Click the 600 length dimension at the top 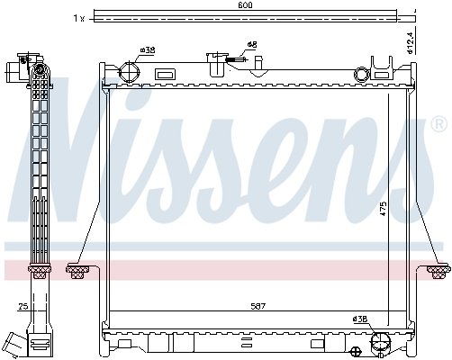pyautogui.click(x=245, y=5)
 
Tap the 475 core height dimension pyautogui.click(x=384, y=209)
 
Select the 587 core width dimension pyautogui.click(x=258, y=306)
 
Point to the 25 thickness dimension pyautogui.click(x=23, y=306)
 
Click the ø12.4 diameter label pyautogui.click(x=411, y=41)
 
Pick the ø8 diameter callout pyautogui.click(x=252, y=45)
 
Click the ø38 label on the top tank pyautogui.click(x=148, y=50)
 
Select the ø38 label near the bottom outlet pyautogui.click(x=360, y=319)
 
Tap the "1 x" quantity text pyautogui.click(x=79, y=19)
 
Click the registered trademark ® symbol pyautogui.click(x=438, y=124)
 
